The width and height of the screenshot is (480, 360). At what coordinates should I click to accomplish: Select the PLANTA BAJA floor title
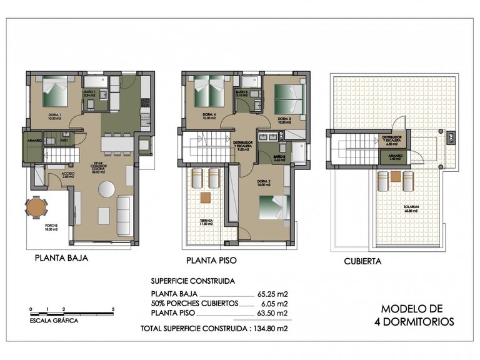[61, 257]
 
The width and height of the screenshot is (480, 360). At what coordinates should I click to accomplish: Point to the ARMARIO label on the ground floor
[35, 141]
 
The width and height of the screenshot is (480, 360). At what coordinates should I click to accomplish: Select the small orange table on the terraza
[205, 199]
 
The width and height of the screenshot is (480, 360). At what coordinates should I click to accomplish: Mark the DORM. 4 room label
[209, 116]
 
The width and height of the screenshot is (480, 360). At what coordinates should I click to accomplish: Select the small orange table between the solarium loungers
[394, 177]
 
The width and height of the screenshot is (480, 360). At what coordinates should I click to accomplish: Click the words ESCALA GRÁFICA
[54, 320]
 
